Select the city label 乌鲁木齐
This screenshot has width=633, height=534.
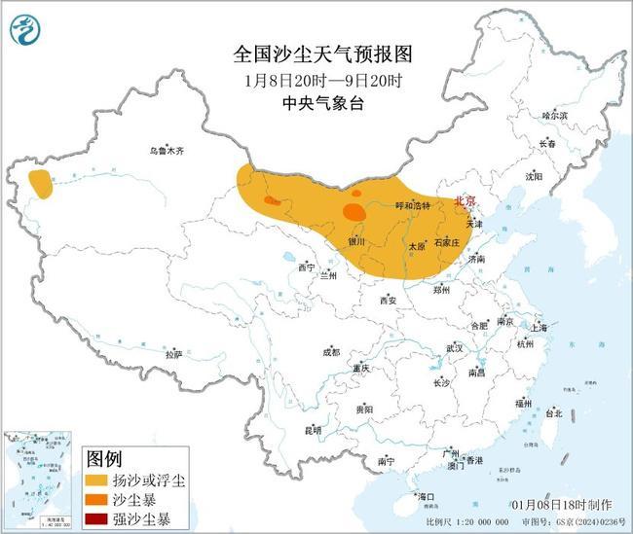[167, 151]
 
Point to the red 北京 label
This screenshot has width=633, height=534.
[465, 200]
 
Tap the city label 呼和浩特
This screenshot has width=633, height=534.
[412, 205]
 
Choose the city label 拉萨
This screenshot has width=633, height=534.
[174, 355]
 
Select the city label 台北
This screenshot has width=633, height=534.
[552, 412]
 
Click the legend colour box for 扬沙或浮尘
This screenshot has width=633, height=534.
[98, 481]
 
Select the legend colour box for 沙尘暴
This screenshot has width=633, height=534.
[98, 499]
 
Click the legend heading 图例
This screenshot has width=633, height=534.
[105, 458]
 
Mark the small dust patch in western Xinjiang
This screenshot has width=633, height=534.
[41, 183]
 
